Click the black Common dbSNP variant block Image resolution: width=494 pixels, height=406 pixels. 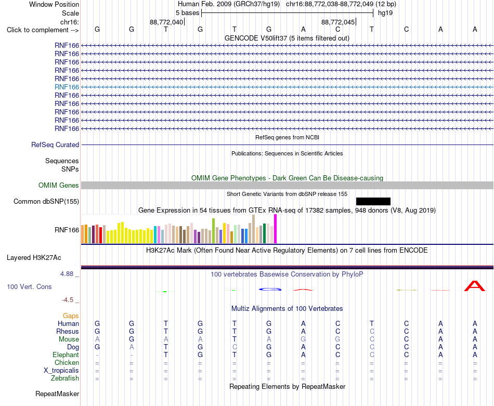373,201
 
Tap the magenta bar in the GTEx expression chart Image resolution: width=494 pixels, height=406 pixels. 276,229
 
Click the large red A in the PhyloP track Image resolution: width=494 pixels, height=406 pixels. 474,286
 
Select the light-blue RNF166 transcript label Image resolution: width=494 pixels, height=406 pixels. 67,87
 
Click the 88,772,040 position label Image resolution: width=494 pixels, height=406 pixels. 166,22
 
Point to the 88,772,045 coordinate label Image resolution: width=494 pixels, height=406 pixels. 337,22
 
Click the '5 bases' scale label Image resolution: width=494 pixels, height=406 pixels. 187,13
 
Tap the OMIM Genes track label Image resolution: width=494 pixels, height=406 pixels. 59,185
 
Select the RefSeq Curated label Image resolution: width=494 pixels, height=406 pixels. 55,145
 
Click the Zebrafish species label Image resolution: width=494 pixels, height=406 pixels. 65,378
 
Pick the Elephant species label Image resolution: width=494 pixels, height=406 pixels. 66,355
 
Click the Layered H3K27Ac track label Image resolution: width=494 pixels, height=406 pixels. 34,258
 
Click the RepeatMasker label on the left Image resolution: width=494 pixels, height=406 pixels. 57,394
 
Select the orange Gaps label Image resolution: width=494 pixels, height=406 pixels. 71,316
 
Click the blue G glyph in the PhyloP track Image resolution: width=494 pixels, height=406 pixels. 270,289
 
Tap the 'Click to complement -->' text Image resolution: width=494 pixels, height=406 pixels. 43,30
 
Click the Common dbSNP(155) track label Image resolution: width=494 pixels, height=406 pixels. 46,201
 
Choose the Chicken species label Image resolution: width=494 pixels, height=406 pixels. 67,362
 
